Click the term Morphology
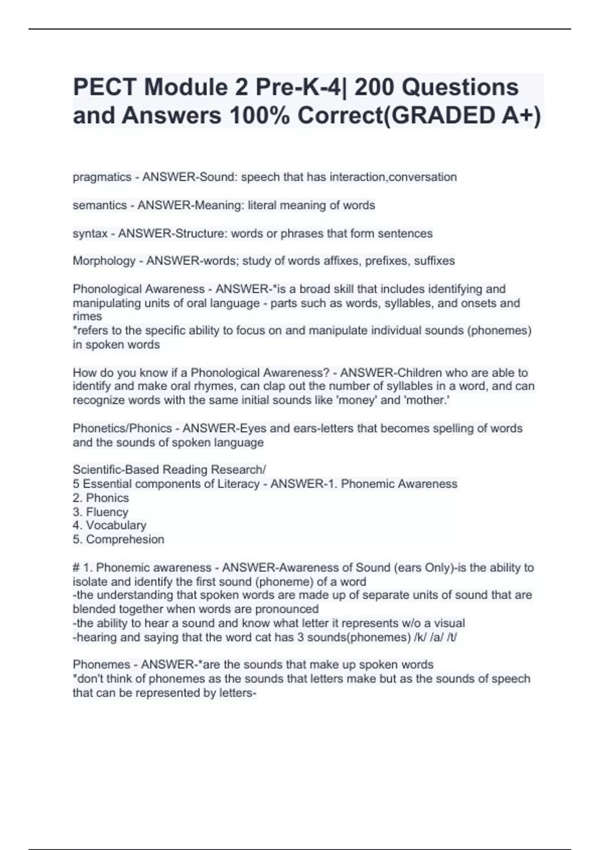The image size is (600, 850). click(104, 261)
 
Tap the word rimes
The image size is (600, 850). click(87, 316)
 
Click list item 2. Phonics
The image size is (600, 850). click(100, 498)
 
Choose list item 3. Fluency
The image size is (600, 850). click(100, 512)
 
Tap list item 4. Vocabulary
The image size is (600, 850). click(109, 525)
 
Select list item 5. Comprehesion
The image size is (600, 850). click(118, 539)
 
